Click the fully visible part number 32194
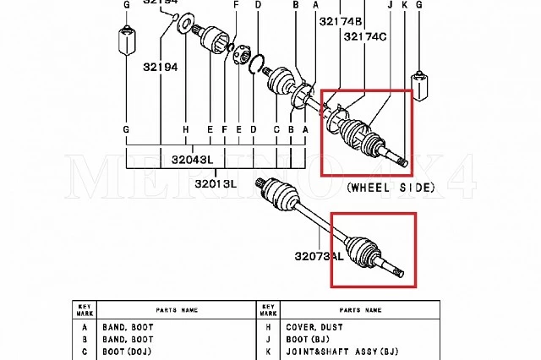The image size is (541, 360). [x=160, y=66]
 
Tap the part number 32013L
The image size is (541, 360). [x=216, y=183]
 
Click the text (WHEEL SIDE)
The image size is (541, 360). [x=391, y=187]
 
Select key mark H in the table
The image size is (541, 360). [x=270, y=325]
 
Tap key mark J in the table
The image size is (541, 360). [x=270, y=339]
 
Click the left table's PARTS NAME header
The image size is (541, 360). [x=176, y=308]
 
